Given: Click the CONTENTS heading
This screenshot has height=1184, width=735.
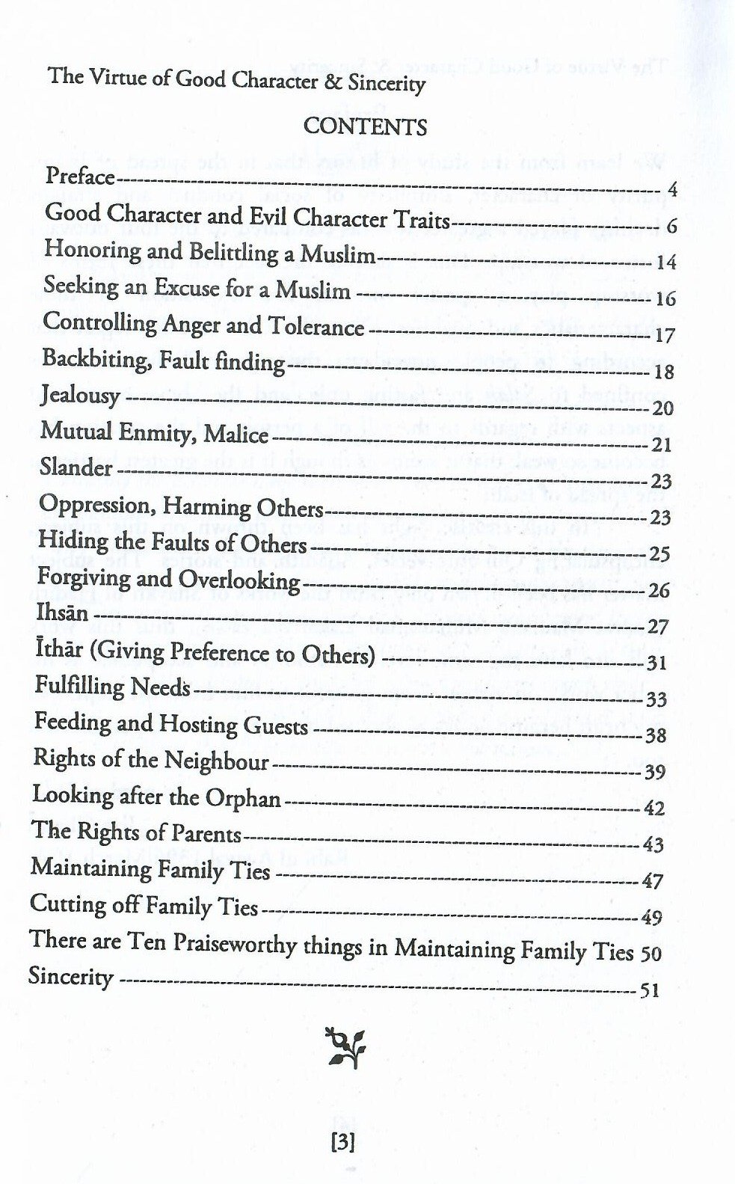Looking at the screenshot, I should [365, 126].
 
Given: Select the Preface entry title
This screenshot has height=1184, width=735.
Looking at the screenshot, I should [80, 177].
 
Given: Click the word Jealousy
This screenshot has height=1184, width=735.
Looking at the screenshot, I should [81, 395].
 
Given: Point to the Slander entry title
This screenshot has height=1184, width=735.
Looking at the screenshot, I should [76, 468].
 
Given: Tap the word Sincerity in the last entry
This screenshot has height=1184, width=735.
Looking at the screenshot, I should [71, 977].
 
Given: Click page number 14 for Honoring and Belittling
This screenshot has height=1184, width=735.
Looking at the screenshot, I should [665, 263].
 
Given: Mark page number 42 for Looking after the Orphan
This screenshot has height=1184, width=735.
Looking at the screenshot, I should [653, 809].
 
